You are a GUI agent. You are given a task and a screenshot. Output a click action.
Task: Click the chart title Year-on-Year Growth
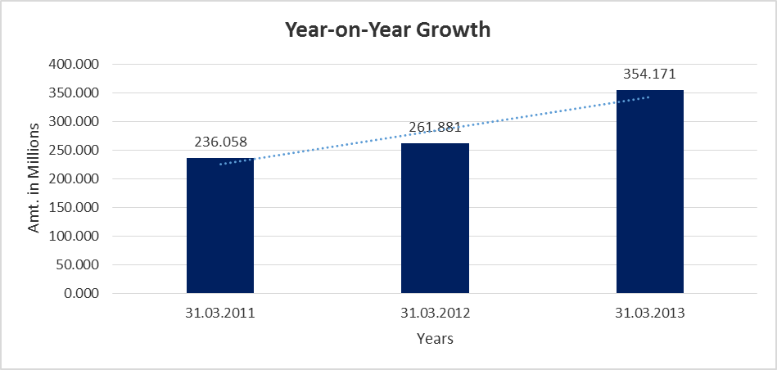coord(387,30)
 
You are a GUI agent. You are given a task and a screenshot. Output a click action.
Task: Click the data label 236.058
coord(220,142)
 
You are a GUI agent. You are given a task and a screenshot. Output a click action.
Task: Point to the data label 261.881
coord(435,127)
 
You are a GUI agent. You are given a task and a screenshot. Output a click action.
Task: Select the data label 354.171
coord(649,74)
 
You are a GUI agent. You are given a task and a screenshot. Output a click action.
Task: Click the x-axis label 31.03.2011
coord(220,312)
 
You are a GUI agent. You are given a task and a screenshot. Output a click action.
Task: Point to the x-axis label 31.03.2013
coord(649,312)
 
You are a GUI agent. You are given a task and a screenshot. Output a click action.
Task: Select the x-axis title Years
coord(435,338)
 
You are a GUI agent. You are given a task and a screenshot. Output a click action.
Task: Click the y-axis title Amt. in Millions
coord(34,178)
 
